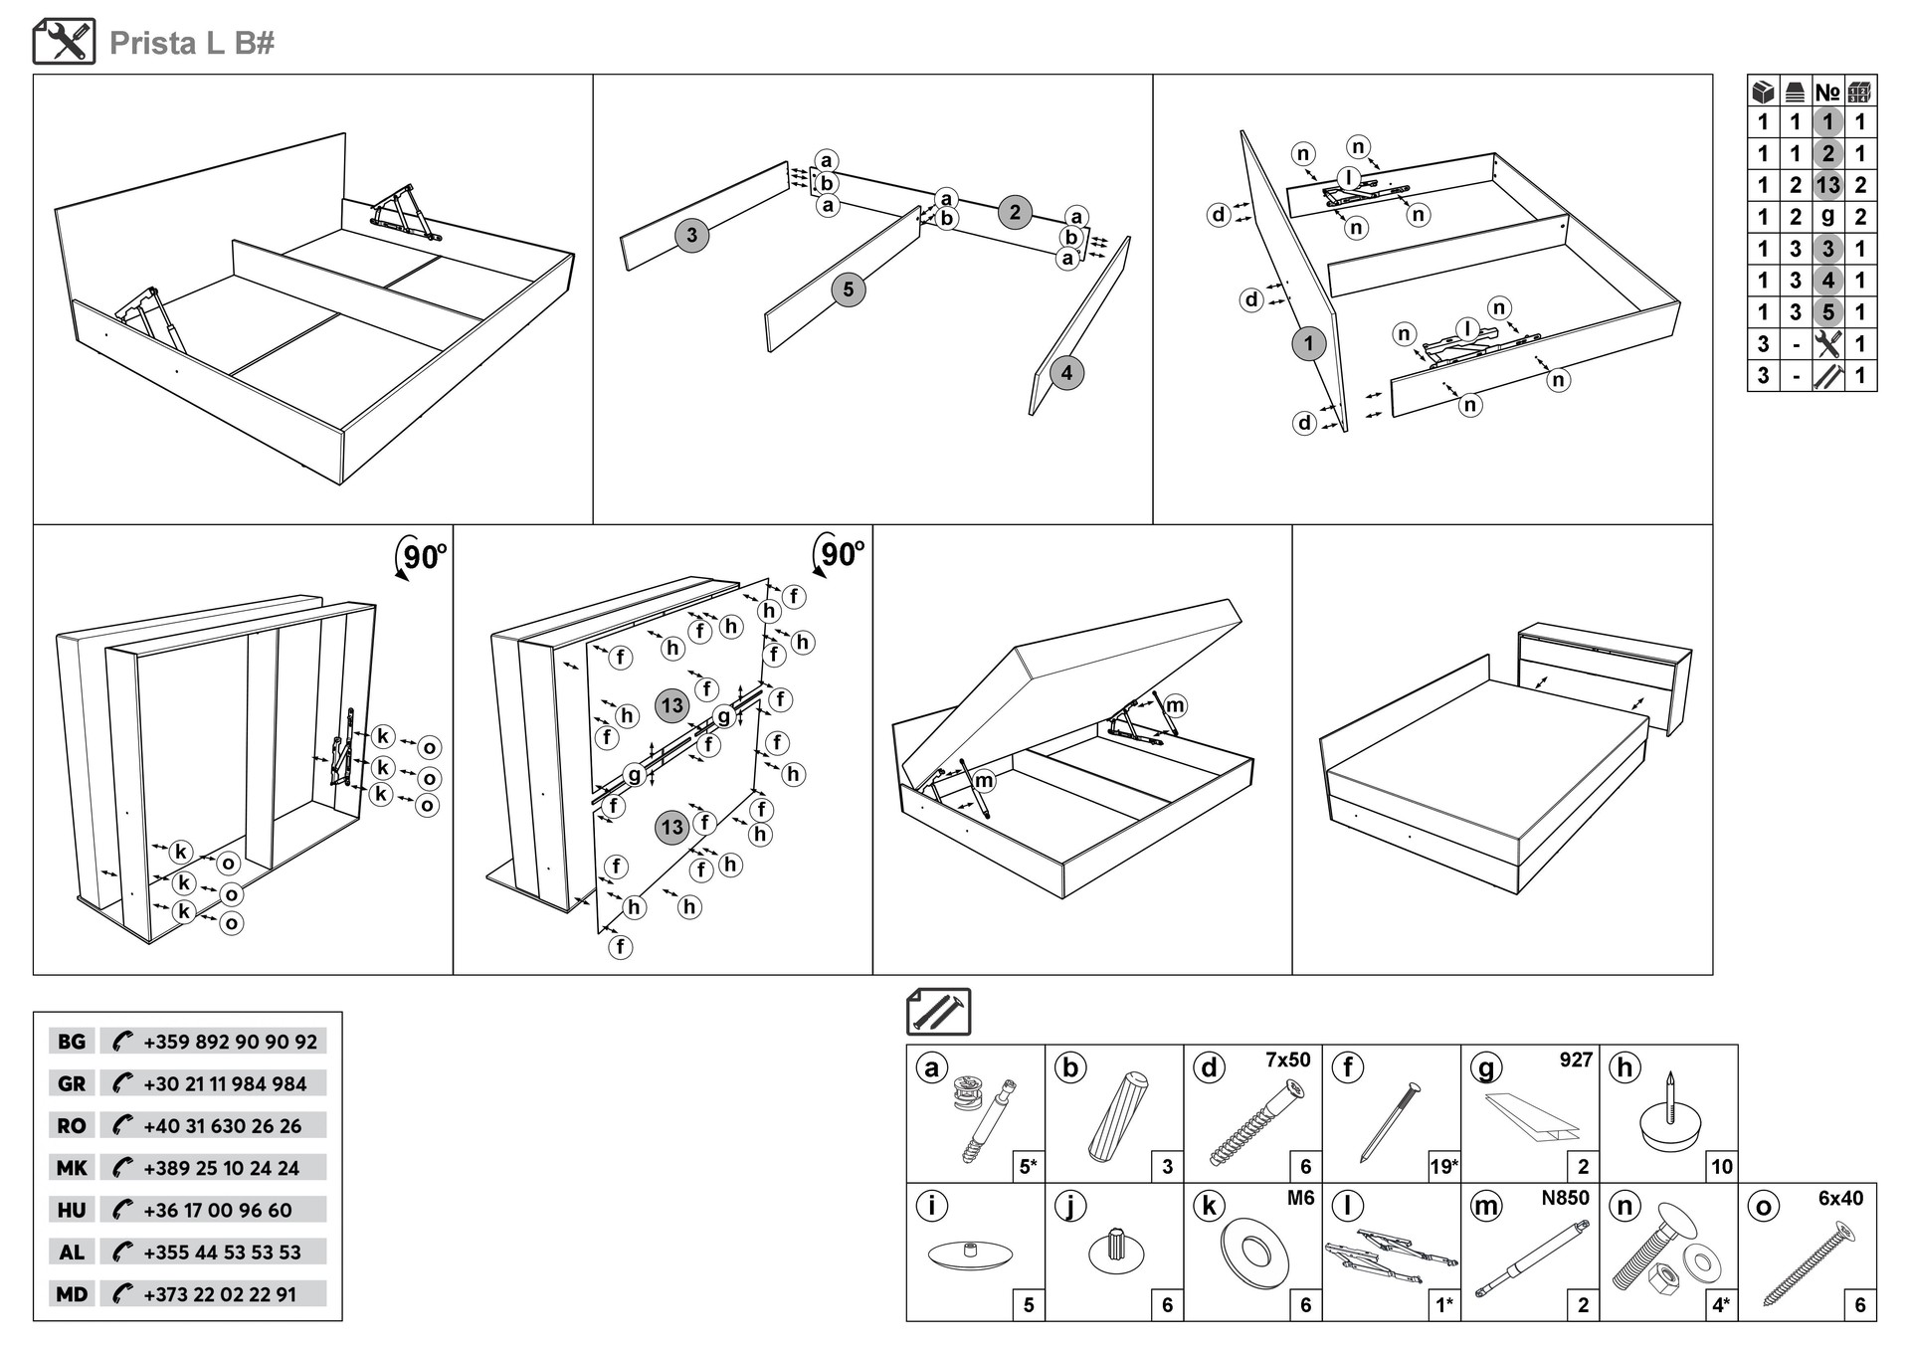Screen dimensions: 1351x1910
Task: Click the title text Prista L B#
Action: (191, 43)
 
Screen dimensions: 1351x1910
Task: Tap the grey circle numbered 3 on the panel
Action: (692, 236)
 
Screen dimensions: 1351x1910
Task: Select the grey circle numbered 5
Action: (848, 289)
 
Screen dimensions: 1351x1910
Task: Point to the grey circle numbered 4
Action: (1066, 373)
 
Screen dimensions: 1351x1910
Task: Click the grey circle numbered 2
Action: (1015, 212)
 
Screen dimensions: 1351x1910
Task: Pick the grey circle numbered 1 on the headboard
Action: (1308, 344)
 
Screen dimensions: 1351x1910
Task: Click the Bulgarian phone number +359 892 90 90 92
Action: (230, 1042)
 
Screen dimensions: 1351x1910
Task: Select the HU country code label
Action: (72, 1210)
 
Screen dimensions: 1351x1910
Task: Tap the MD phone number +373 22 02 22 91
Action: (219, 1294)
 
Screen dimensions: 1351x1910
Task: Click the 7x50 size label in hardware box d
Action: (1287, 1061)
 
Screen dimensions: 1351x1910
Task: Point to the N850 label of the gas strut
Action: (1565, 1199)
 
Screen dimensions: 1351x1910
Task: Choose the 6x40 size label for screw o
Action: (1840, 1199)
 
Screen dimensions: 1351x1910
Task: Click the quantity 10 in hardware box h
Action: (1722, 1167)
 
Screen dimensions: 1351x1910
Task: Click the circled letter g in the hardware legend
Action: (1486, 1067)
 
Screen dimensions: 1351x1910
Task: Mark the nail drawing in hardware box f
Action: (1390, 1122)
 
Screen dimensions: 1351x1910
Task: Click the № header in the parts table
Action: (1827, 93)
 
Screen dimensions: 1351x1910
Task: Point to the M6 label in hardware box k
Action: (1300, 1199)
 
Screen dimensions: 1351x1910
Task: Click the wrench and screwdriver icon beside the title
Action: (65, 42)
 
